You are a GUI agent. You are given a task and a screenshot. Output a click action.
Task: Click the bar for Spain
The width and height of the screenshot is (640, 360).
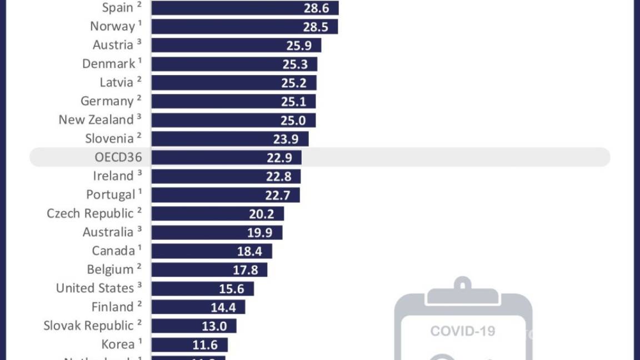coord(244,8)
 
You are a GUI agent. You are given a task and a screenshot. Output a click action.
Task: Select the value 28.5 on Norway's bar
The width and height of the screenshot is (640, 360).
coord(315,27)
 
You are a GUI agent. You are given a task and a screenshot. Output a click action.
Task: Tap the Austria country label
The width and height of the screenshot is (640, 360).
coord(113,45)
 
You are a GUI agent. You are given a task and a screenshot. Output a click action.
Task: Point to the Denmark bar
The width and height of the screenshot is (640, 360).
coord(234,64)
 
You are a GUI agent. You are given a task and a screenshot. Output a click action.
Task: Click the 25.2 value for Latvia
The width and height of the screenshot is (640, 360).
coord(294,83)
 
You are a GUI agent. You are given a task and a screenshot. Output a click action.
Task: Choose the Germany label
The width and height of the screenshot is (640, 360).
coord(107,101)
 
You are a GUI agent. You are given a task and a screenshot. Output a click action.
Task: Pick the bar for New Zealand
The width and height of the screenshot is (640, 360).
coord(233,120)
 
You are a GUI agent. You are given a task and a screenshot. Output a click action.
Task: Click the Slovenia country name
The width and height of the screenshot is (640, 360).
coord(109,138)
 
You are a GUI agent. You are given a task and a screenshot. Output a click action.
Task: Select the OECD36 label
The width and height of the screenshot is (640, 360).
coord(118,157)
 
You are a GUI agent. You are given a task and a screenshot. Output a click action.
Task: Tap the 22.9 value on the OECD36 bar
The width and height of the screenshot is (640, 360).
coord(279,157)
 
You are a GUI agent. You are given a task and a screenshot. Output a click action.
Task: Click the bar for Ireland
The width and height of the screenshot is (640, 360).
coord(226,176)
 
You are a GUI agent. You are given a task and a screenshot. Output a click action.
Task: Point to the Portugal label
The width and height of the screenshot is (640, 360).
coord(111,194)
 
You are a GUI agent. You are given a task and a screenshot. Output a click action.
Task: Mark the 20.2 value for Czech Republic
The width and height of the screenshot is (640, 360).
coord(261,214)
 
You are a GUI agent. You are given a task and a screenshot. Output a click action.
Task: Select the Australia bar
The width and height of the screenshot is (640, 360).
coord(217,232)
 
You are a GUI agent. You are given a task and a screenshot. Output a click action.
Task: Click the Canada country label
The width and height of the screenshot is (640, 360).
coord(113,251)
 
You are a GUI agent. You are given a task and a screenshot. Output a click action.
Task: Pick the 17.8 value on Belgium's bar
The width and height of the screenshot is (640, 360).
coord(245,270)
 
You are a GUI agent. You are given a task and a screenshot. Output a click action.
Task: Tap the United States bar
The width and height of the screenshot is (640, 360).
coord(202,288)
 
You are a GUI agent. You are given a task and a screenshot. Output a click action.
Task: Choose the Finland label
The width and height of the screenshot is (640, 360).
coord(113,307)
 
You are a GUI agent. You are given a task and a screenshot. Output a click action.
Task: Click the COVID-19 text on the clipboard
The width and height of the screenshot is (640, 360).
coord(462,332)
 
